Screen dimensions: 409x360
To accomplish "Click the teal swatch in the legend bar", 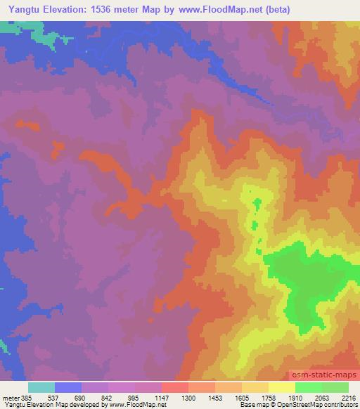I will click(x=41, y=387).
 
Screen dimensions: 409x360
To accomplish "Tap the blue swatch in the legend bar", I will click(x=67, y=387).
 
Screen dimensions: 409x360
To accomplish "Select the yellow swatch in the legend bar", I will click(x=281, y=387).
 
